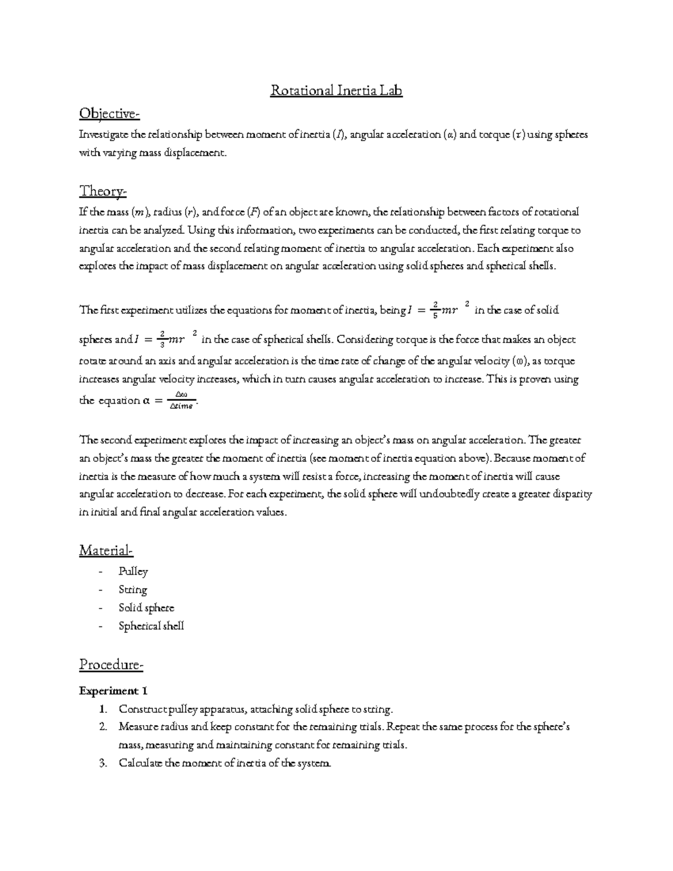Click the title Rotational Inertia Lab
click(336, 90)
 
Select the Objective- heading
click(109, 114)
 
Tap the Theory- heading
click(103, 191)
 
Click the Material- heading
click(106, 551)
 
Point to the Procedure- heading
click(111, 665)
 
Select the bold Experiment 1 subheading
click(113, 690)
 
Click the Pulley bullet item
click(133, 572)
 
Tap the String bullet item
click(133, 590)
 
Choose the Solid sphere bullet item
click(146, 608)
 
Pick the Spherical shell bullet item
click(151, 626)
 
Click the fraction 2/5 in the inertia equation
click(435, 310)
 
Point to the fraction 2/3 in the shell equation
click(162, 340)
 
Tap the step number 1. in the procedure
click(102, 709)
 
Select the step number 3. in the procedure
click(102, 763)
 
